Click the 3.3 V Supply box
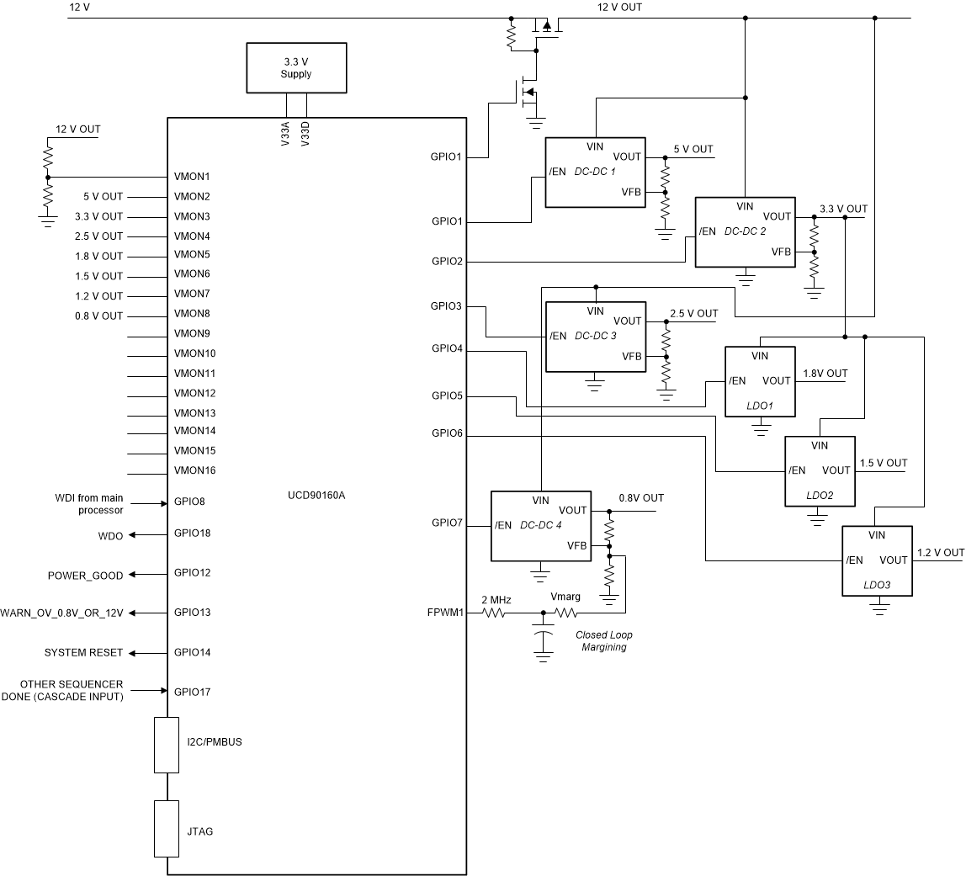295,67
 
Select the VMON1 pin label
192,177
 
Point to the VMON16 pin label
194,470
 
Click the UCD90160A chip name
316,495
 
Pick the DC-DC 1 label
596,172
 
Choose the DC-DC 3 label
596,336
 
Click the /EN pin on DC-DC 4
503,526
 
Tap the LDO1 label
760,406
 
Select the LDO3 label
877,585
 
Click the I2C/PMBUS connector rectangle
167,744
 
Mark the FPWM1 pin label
447,613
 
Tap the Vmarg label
565,597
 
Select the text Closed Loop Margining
603,641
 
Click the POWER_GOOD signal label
85,576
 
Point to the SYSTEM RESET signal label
83,653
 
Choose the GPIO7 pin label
447,523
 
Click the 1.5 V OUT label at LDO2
883,463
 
